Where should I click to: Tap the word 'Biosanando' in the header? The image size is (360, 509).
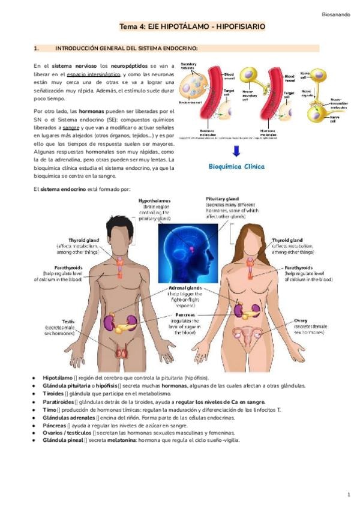[x=335, y=11]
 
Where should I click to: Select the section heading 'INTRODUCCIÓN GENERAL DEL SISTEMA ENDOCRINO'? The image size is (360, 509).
[x=127, y=47]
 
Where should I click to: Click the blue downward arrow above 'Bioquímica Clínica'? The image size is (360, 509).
[x=237, y=151]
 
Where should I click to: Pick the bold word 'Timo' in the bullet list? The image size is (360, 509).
[x=49, y=409]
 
